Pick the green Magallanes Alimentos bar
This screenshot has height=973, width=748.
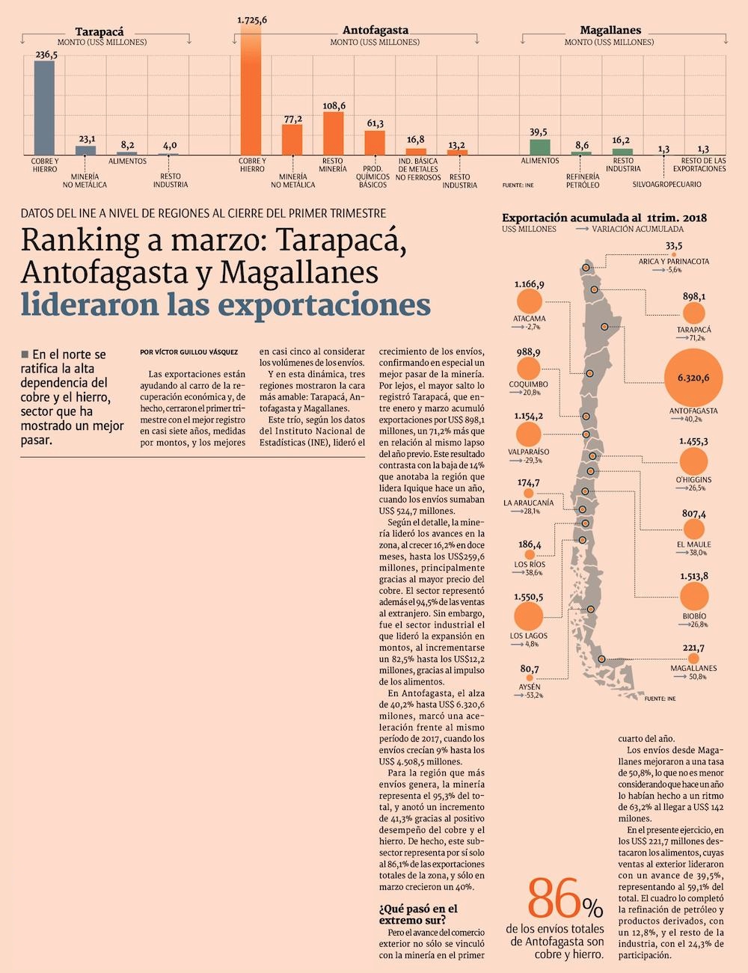[x=539, y=147]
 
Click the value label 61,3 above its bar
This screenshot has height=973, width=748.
[x=375, y=123]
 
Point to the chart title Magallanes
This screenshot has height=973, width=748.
[x=610, y=30]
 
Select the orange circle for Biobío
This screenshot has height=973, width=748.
[x=694, y=596]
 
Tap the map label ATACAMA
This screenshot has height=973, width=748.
[x=529, y=319]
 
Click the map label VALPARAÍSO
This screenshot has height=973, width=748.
[x=528, y=452]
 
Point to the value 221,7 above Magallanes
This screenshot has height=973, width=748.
[x=693, y=648]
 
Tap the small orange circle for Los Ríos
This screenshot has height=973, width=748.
[x=530, y=555]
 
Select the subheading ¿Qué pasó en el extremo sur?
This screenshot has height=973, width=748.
[x=418, y=914]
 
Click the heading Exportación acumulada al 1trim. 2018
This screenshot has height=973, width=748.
[x=604, y=218]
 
